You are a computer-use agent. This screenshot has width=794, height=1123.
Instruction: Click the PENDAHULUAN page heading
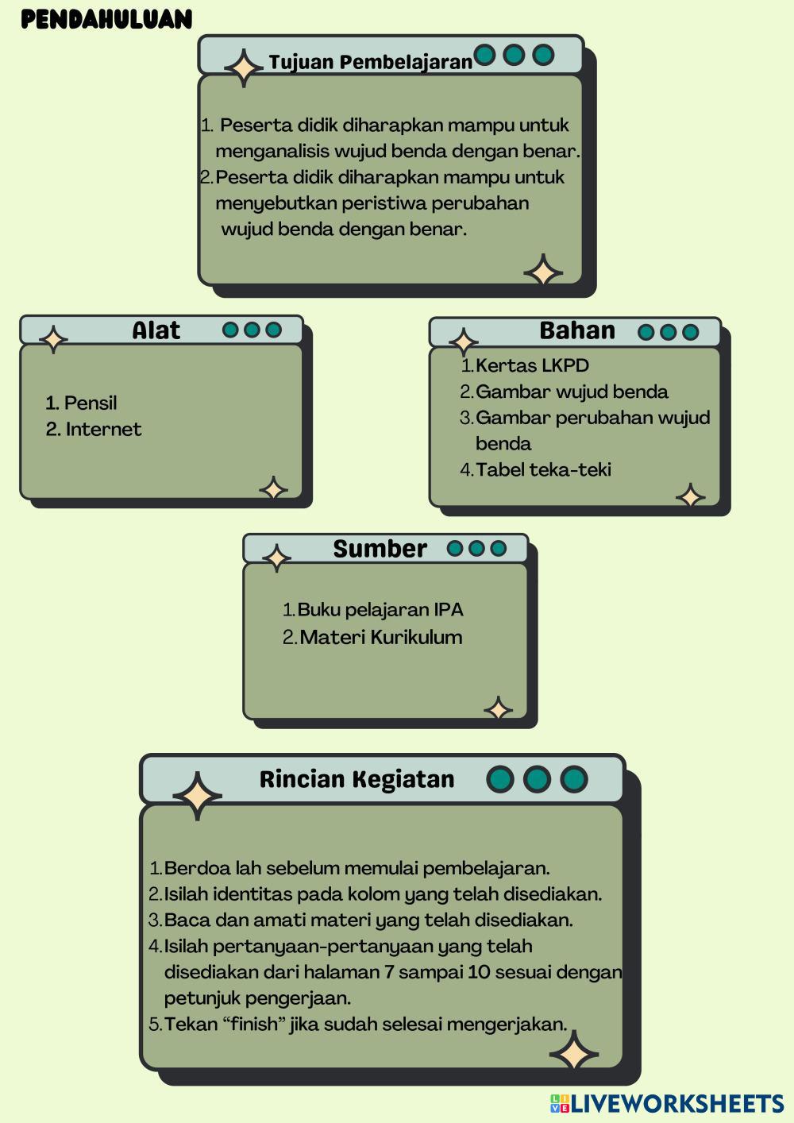pyautogui.click(x=106, y=19)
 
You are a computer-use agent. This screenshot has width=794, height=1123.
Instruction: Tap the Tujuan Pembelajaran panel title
pyautogui.click(x=370, y=62)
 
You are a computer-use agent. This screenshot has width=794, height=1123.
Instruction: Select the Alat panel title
pyautogui.click(x=156, y=330)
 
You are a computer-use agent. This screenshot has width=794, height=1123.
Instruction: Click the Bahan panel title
pyautogui.click(x=577, y=330)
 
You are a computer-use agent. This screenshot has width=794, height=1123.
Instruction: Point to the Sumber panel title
pyautogui.click(x=380, y=549)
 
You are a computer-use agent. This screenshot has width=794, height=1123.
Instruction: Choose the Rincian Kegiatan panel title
pyautogui.click(x=357, y=779)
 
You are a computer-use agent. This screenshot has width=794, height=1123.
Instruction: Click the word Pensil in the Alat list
pyautogui.click(x=91, y=403)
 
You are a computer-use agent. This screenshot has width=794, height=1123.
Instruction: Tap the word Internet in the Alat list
pyautogui.click(x=103, y=430)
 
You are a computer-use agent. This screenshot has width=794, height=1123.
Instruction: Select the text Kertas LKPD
pyautogui.click(x=532, y=366)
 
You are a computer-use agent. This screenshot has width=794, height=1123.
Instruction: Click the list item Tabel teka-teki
pyautogui.click(x=543, y=470)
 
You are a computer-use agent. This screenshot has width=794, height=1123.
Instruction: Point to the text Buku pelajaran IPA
pyautogui.click(x=380, y=610)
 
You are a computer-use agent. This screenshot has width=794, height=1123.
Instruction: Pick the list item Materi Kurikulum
pyautogui.click(x=381, y=637)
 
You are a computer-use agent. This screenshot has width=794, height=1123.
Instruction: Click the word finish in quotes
pyautogui.click(x=256, y=1024)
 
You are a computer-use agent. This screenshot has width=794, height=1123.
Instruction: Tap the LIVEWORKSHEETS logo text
pyautogui.click(x=676, y=1103)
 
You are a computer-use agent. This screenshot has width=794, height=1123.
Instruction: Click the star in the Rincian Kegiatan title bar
pyautogui.click(x=197, y=795)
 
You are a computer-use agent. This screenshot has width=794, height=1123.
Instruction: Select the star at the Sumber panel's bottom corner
pyautogui.click(x=498, y=708)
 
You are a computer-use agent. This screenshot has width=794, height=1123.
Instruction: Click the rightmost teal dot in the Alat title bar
pyautogui.click(x=274, y=330)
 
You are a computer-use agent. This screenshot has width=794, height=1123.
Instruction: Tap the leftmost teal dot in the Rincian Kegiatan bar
pyautogui.click(x=500, y=779)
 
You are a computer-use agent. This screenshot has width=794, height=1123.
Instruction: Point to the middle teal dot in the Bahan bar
pyautogui.click(x=669, y=332)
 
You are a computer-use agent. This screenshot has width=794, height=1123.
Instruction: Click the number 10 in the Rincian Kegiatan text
pyautogui.click(x=479, y=972)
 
